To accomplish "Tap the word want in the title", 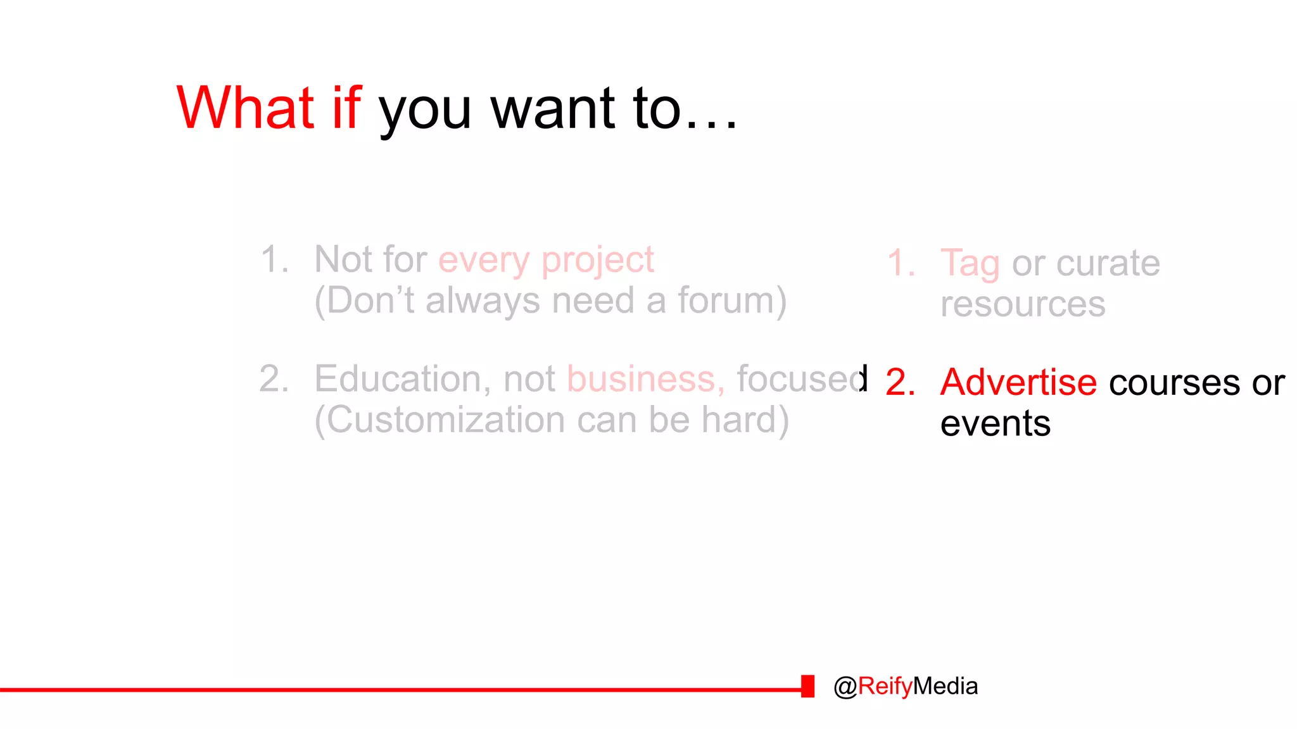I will pos(553,109).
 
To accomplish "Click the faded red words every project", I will pos(546,261).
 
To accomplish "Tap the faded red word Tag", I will pos(970,264).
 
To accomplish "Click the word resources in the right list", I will pos(1022,304).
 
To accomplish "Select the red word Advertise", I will pos(1018,382).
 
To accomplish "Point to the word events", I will pos(995,423).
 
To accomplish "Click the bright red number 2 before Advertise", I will pos(900,382).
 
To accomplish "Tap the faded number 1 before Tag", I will pos(901,263).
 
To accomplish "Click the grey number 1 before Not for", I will pos(274,259).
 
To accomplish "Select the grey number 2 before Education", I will pos(274,379).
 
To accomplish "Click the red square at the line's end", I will pos(807,686).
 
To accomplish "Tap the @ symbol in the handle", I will pos(845,687).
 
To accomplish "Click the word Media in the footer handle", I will pos(946,686).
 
